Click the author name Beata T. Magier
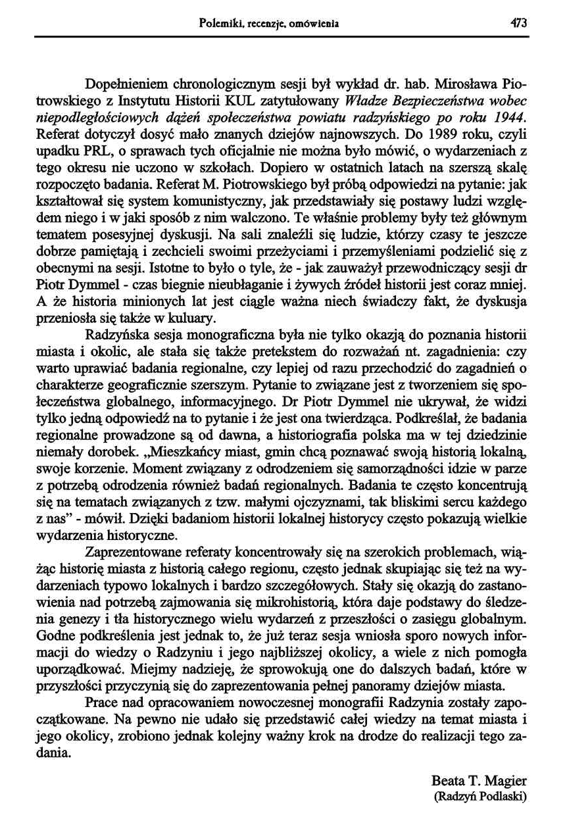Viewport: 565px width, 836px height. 479,781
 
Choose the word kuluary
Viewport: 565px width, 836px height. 192,319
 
